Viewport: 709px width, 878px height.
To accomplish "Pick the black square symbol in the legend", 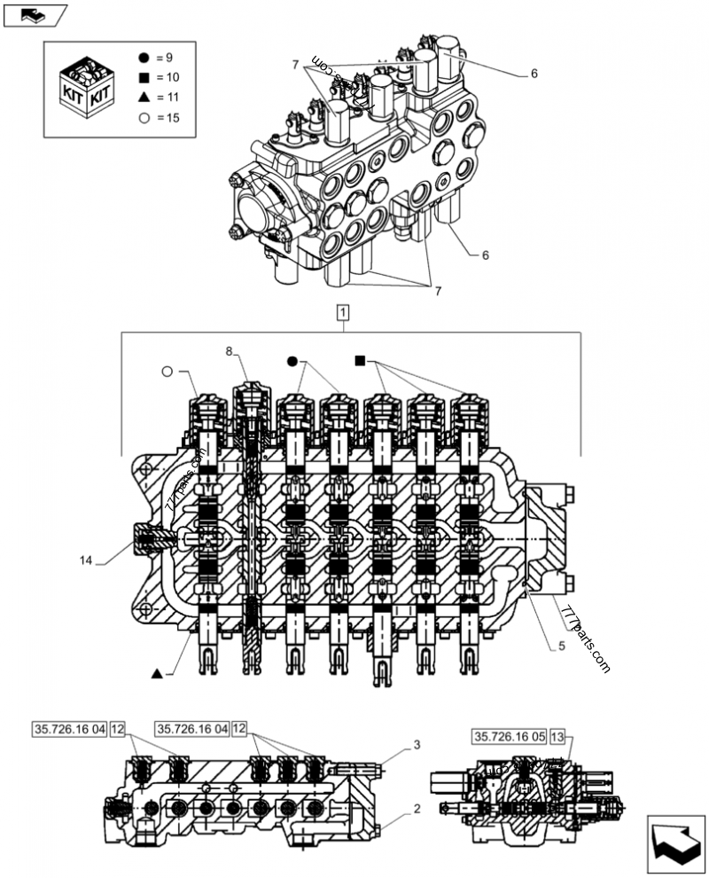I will tap(143, 77).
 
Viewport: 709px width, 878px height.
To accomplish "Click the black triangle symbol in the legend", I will tap(143, 98).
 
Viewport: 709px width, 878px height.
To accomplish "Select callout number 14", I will tap(85, 561).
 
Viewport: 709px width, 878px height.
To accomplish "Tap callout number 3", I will tap(416, 744).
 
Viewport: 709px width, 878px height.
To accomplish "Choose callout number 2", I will tap(416, 809).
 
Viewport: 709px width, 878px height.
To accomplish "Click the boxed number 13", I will tap(557, 736).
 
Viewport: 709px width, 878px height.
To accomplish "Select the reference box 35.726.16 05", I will tap(510, 736).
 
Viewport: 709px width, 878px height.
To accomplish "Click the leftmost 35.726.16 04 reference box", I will tap(70, 729).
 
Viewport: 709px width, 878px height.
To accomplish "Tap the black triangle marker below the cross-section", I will tap(157, 674).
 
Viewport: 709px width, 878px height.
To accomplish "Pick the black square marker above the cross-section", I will tap(359, 360).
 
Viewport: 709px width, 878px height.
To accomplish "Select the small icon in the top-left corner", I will tap(34, 14).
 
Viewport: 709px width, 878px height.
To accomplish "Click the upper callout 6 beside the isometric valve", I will tap(534, 74).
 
